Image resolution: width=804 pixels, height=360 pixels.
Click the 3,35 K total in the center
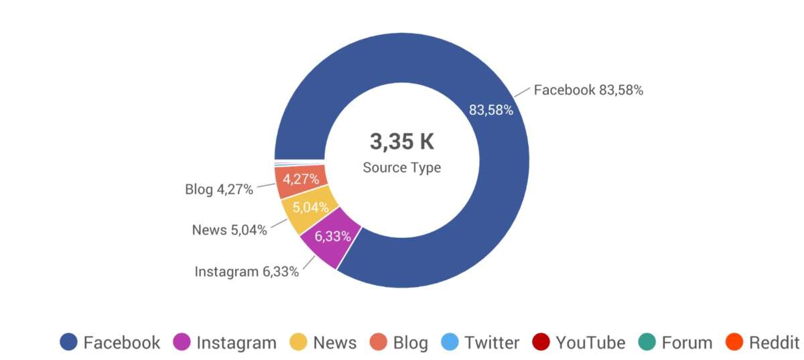point(402,142)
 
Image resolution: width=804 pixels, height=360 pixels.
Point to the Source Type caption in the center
point(402,168)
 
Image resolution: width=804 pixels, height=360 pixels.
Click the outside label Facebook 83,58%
point(588,90)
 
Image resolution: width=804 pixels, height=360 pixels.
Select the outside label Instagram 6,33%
point(247,272)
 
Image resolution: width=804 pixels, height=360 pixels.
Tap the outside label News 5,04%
point(229,230)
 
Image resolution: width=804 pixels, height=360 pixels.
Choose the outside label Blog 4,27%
point(219,190)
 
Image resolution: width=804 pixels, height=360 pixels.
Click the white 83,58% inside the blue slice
point(491,110)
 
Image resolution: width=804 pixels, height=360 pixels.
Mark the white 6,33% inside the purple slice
point(333,236)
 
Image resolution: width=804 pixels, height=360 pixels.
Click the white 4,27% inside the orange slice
point(301,179)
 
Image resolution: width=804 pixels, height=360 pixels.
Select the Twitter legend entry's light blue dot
point(450,343)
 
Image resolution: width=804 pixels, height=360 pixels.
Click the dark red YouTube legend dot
point(541,343)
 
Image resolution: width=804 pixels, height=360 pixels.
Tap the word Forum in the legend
point(687,343)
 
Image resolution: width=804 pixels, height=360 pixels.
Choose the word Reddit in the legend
point(774,343)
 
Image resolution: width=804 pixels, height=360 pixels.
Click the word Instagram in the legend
point(236,343)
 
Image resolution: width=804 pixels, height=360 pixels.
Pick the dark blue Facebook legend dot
point(68,343)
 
